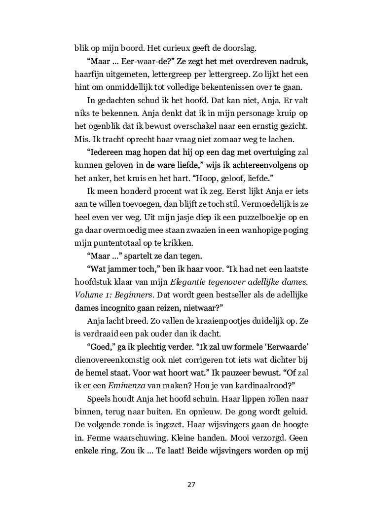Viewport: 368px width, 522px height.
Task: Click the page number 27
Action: click(x=191, y=484)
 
